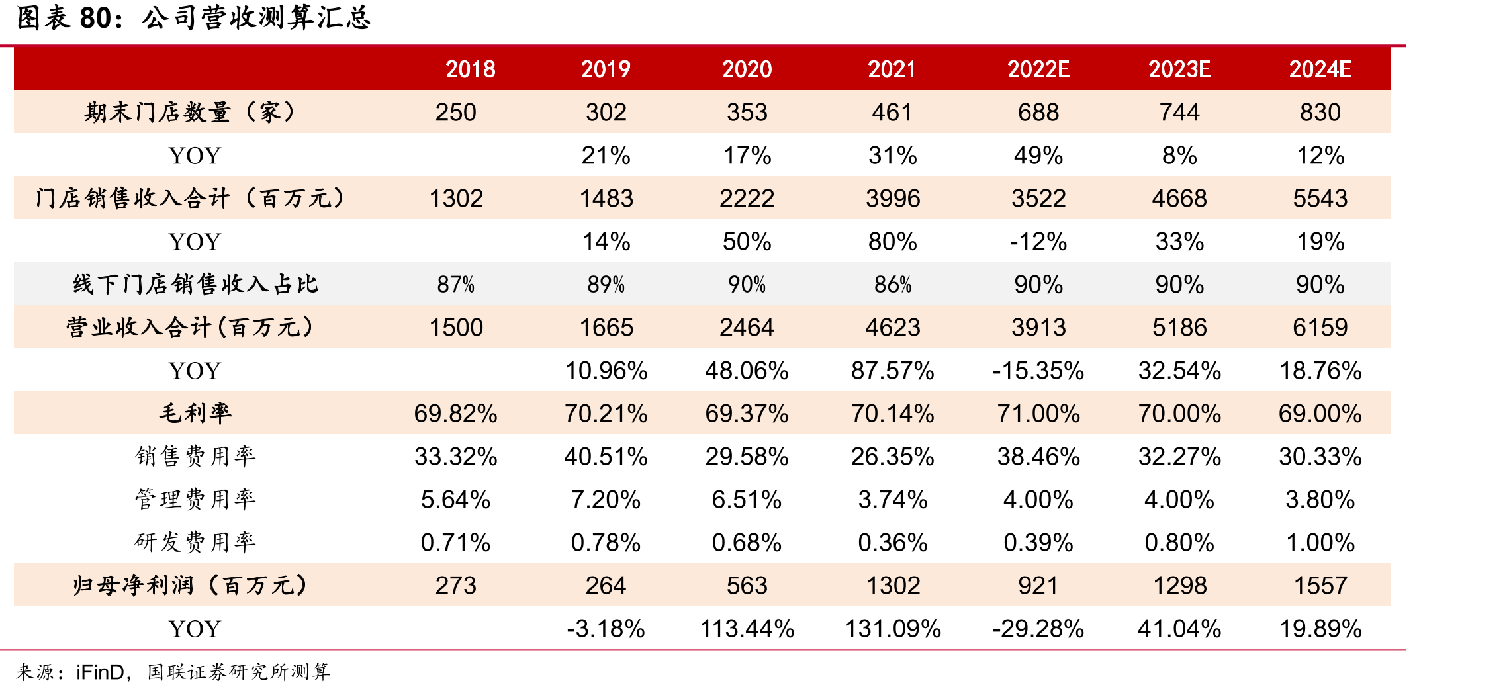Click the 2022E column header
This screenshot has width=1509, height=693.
[x=1038, y=69]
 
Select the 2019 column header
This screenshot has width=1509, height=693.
[x=606, y=69]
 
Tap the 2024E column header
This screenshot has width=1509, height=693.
[x=1320, y=69]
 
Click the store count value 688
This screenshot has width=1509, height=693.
[x=1038, y=112]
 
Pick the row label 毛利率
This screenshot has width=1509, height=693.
[x=195, y=413]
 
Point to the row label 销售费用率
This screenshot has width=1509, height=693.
[x=195, y=456]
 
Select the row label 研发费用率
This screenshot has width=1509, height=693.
[x=195, y=542]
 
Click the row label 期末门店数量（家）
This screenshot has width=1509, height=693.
[x=190, y=112]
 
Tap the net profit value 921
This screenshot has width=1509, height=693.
[x=1038, y=585]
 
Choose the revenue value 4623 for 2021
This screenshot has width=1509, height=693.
[x=893, y=327]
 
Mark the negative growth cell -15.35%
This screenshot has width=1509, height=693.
[x=1038, y=370]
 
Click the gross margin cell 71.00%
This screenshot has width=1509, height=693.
[x=1038, y=413]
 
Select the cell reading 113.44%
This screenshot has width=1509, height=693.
[x=747, y=628]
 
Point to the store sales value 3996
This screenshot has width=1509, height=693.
[x=893, y=198]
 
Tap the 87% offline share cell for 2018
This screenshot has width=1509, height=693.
[x=456, y=285]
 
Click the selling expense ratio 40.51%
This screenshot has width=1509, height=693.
[x=606, y=456]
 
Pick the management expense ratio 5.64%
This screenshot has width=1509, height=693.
[x=456, y=499]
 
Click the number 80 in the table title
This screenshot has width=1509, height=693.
[x=95, y=18]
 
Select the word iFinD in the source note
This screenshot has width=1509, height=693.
[x=100, y=672]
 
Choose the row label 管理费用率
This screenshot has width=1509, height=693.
[x=195, y=499]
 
